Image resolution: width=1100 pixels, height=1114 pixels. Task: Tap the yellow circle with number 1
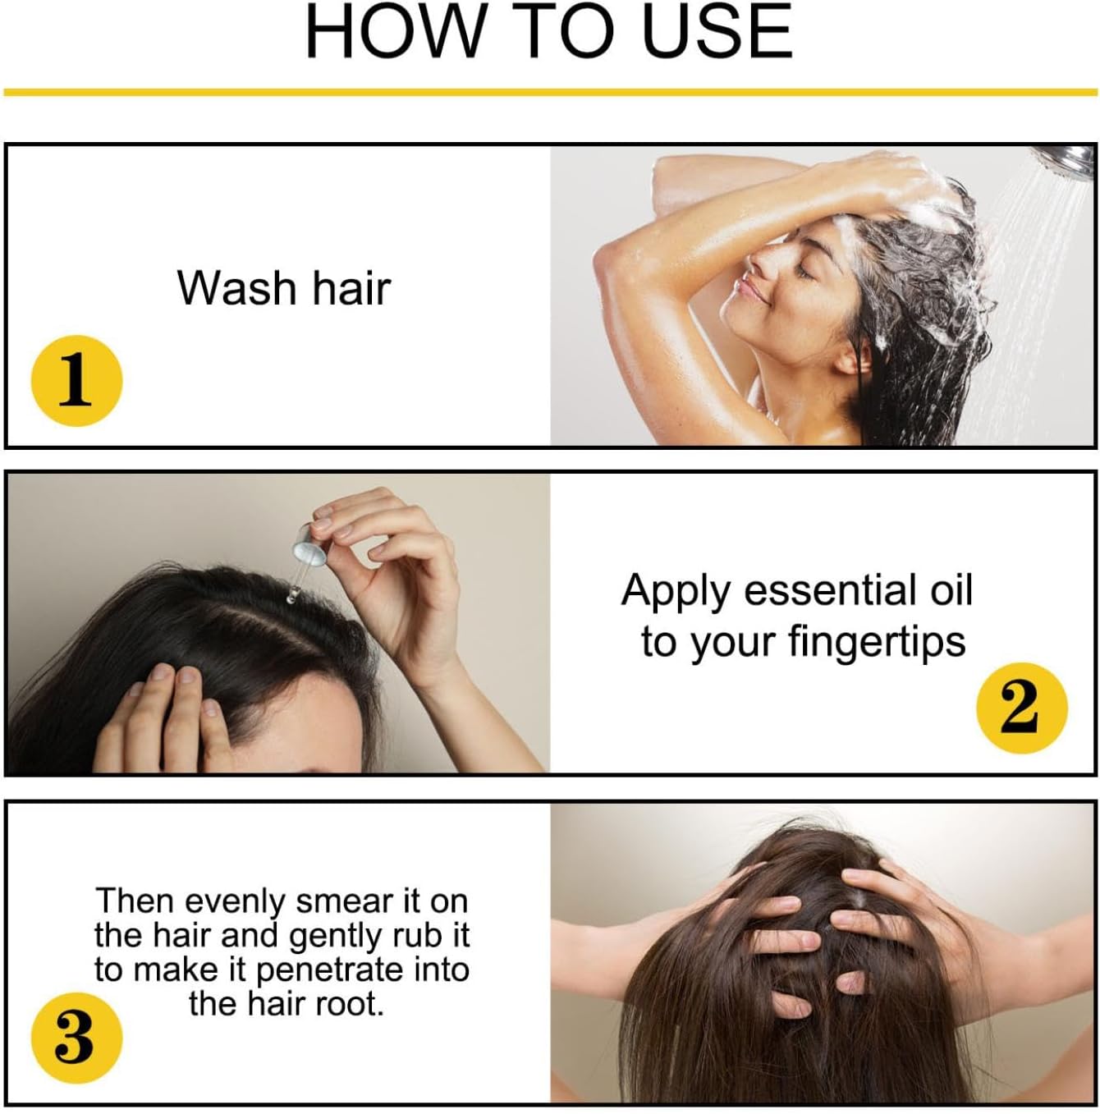76,381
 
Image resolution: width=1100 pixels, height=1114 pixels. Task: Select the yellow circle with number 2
1022,708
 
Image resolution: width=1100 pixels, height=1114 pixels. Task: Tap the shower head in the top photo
1070,161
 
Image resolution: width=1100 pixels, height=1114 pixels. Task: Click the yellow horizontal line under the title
550,92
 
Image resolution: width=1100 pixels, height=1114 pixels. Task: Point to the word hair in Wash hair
351,287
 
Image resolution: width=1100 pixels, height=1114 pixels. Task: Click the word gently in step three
335,938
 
